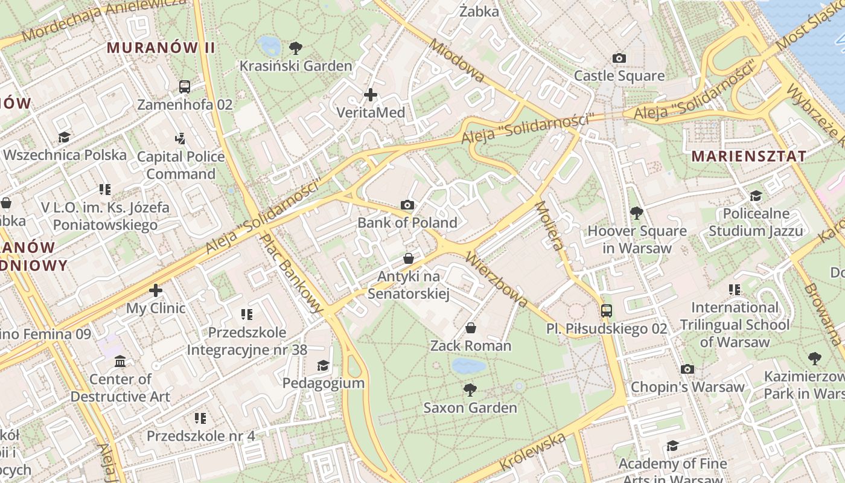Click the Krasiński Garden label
click(x=296, y=66)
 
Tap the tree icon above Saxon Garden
click(x=470, y=390)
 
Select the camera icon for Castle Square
click(x=619, y=59)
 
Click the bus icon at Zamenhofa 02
click(x=185, y=87)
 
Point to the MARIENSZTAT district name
click(x=748, y=156)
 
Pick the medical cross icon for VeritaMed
click(x=371, y=95)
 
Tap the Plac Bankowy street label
click(x=292, y=273)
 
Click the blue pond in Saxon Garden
click(x=468, y=366)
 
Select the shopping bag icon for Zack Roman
click(x=470, y=328)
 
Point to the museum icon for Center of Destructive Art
click(x=120, y=361)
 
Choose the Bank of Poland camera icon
click(x=407, y=205)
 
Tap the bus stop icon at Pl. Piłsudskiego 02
click(x=607, y=311)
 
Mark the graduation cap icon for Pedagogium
click(x=324, y=365)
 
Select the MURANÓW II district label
click(x=161, y=48)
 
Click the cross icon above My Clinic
click(x=156, y=290)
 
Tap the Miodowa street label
click(x=457, y=61)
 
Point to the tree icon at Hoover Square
click(x=636, y=213)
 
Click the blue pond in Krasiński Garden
click(x=269, y=45)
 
